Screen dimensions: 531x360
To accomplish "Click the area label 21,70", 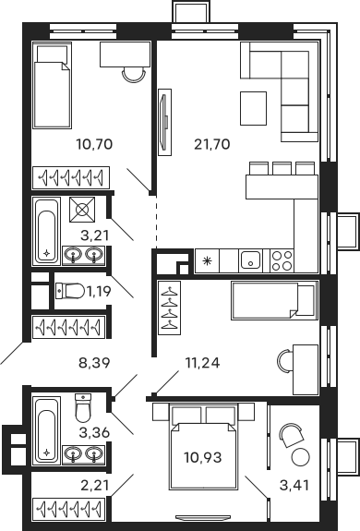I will pyautogui.click(x=210, y=143).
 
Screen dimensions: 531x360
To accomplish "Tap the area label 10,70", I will pyautogui.click(x=90, y=143).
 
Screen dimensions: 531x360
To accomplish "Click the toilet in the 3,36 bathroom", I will pyautogui.click(x=82, y=406).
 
